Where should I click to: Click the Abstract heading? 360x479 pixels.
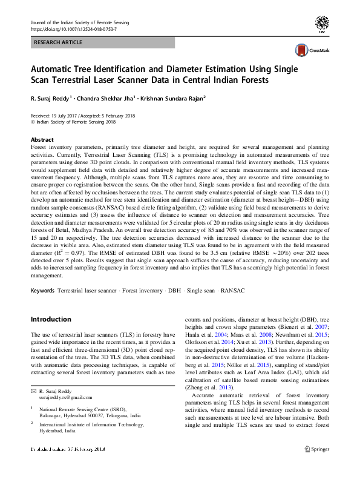(x=42, y=139)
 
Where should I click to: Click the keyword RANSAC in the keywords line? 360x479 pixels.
(x=232, y=291)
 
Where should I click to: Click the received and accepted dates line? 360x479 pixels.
(x=83, y=116)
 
